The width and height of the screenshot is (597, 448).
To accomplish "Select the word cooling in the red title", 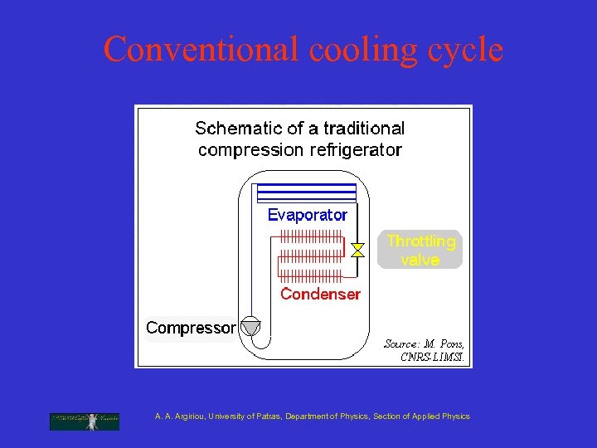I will coord(362,50).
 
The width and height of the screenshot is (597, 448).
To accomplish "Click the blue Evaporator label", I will coord(308,215).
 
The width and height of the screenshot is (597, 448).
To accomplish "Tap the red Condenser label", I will coord(320,294).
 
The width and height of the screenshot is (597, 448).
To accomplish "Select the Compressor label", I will coord(191,328).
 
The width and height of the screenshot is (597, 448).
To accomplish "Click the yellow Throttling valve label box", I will coord(420,250).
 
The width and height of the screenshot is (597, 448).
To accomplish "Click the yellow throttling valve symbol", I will coord(357,250).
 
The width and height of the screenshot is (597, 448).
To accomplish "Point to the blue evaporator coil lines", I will coord(307,193).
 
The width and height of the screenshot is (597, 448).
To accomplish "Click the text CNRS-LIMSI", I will coord(433,358).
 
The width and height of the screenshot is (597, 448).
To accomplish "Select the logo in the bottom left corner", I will coord(84,421).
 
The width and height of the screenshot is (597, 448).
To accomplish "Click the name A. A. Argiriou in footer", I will coord(180,416).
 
